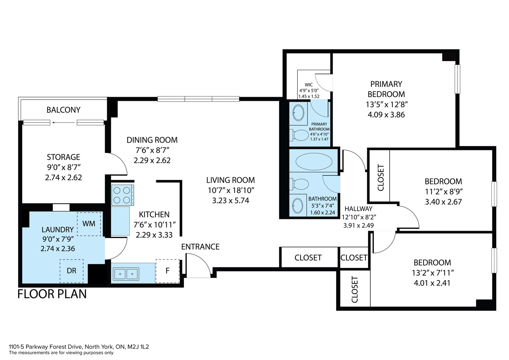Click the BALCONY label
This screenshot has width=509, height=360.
coord(63,110)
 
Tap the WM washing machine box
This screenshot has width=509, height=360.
coord(89,224)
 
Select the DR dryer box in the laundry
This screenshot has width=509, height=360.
coord(72,271)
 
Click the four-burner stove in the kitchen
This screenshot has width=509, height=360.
coord(122,195)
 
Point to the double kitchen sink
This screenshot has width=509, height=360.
coord(126,274)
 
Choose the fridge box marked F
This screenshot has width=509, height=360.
coord(168,271)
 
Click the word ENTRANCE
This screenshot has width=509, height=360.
coord(200,247)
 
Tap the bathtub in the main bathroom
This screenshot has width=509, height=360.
coord(314,161)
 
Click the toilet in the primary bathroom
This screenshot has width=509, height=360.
coord(299,135)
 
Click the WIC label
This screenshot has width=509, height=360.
coord(309,85)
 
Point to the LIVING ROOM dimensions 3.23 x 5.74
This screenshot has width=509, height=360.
coord(231,201)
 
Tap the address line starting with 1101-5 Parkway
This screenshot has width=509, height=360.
coord(79,347)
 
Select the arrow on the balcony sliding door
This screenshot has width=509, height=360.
coord(63,123)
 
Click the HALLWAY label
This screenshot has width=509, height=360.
coord(359,209)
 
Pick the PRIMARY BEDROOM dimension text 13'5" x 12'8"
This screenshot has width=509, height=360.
coord(387,105)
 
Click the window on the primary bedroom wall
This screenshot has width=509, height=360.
coord(457,79)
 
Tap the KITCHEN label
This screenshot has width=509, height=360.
coord(154,215)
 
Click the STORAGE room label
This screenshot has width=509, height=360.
coord(63,157)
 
